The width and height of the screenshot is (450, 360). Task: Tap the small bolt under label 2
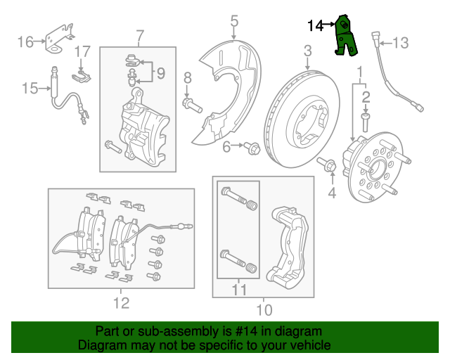366,123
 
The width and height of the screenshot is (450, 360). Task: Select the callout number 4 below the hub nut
333,192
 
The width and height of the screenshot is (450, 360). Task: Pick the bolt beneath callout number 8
191,106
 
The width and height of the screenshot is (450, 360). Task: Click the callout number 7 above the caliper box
140,34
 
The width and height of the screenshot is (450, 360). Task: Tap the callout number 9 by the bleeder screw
160,72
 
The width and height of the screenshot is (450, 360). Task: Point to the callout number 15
29,88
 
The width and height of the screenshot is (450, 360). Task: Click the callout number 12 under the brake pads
121,303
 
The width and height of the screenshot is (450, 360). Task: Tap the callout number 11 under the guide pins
239,290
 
